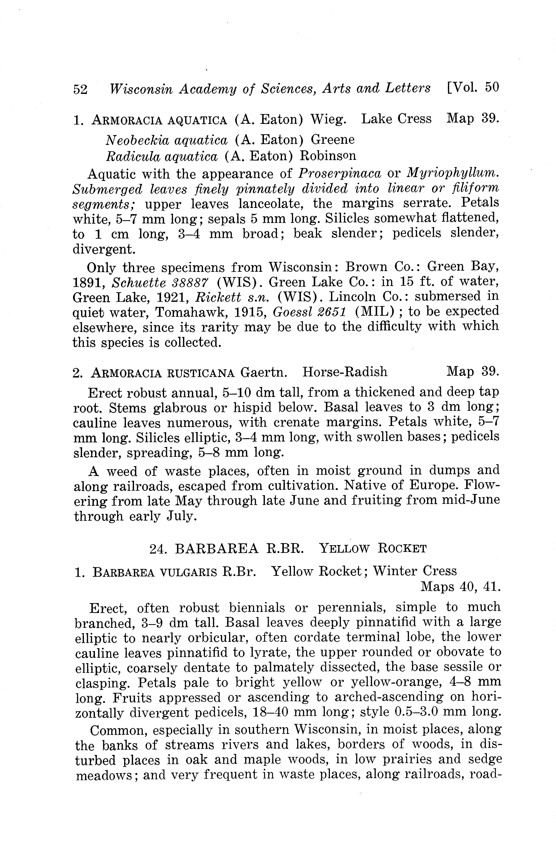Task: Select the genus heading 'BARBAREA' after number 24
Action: point(217,549)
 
